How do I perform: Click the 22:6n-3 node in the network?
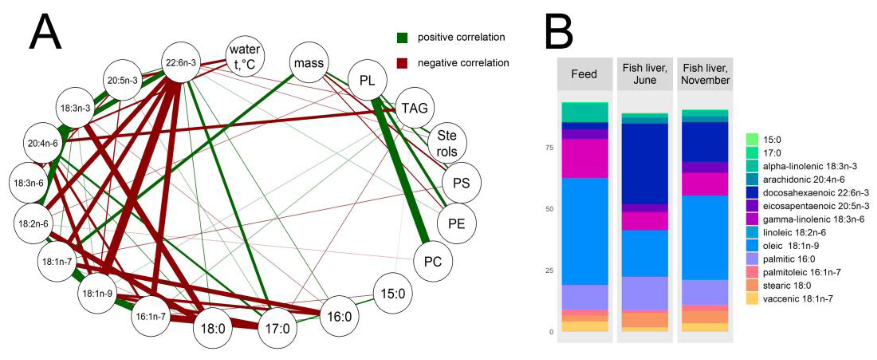(181, 62)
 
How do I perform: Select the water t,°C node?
(245, 56)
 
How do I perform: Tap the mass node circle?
(309, 63)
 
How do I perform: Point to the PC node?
(433, 262)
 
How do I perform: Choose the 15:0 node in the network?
(393, 293)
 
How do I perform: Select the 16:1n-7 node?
(151, 316)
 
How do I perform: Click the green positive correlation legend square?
(402, 37)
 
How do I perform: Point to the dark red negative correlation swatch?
(402, 63)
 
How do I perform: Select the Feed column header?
(584, 74)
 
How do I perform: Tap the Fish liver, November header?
(705, 74)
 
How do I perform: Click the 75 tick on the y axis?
(550, 148)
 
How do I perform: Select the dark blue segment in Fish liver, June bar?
(645, 163)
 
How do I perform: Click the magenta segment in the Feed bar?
(585, 158)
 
